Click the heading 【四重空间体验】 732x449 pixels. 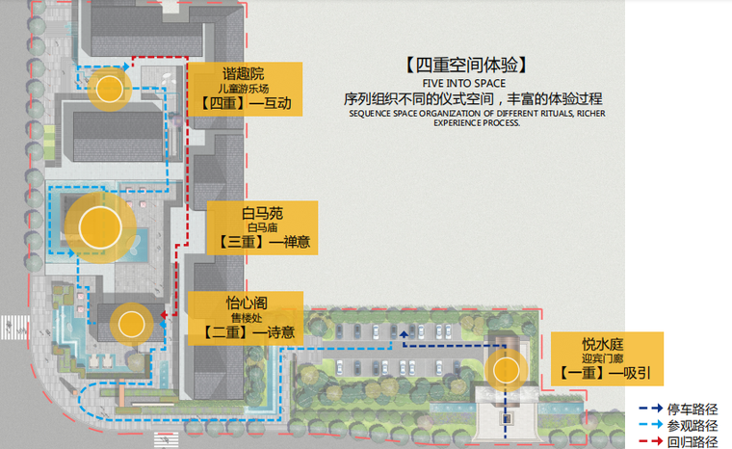click(x=463, y=66)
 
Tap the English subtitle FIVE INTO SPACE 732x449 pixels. click(x=463, y=83)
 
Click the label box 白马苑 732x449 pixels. click(x=261, y=227)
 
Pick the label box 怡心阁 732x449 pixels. click(x=248, y=317)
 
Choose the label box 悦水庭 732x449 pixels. click(x=607, y=357)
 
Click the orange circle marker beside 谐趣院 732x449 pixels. click(x=107, y=90)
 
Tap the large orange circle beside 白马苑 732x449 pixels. click(x=100, y=228)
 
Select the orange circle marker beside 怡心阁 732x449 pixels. click(x=127, y=324)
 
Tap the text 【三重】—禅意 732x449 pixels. click(x=261, y=243)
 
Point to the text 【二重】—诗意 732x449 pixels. click(x=248, y=332)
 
